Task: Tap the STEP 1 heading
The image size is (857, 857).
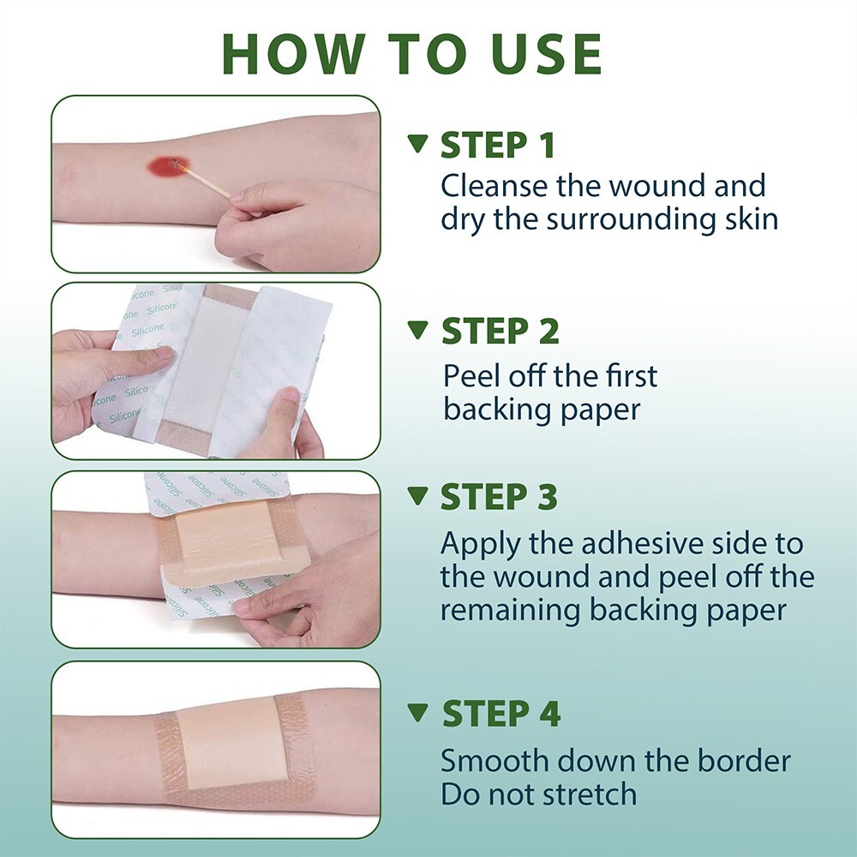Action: tap(497, 146)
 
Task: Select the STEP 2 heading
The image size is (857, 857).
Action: tap(500, 331)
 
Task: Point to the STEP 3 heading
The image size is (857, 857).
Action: tap(499, 497)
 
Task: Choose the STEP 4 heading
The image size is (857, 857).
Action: tap(501, 714)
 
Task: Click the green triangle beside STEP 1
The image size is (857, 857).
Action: tap(417, 144)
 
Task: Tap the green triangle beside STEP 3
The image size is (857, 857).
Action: tap(417, 495)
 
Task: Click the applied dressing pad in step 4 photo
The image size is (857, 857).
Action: tap(230, 742)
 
